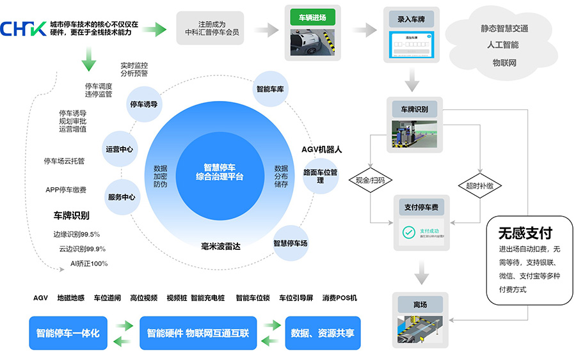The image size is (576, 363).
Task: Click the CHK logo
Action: [24, 28]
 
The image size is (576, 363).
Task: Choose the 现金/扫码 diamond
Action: [371, 181]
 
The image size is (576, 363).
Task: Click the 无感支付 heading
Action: [525, 233]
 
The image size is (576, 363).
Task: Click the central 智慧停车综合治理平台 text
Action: [220, 172]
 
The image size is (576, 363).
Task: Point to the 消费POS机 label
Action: [340, 298]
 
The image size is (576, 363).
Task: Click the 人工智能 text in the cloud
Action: [505, 45]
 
